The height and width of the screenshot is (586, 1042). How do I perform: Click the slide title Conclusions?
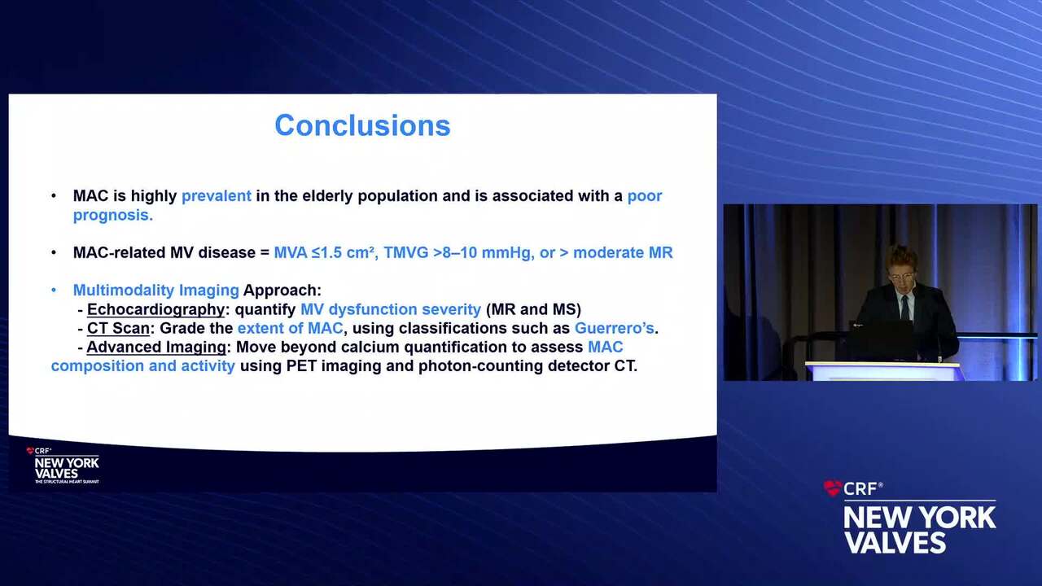coord(362,125)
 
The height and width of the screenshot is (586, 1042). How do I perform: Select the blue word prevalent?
coord(217,196)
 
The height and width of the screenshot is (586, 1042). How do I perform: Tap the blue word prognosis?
coord(113,215)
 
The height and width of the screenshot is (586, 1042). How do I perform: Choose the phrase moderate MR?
coord(623,252)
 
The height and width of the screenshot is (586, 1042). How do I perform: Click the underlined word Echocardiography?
coord(155,309)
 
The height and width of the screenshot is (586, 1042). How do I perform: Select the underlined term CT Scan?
coord(118,328)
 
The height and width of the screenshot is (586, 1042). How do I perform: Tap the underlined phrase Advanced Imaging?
coord(156,347)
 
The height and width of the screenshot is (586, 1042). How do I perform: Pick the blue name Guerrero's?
coord(615,328)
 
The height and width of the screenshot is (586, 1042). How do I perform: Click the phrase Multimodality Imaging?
coord(155,291)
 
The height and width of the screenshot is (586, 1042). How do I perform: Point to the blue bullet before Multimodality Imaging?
coord(54,291)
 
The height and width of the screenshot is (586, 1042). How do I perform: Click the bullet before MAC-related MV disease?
coord(54,252)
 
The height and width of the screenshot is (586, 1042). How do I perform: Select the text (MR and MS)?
coord(533,309)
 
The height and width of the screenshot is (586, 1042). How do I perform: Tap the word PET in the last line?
coord(301,366)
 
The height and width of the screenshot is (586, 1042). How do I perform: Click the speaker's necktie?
coord(904,307)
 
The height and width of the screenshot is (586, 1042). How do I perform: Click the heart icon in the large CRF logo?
coord(832,488)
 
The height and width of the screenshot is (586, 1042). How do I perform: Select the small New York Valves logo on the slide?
coord(63,466)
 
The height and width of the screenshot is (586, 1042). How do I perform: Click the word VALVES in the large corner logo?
coord(895,542)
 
